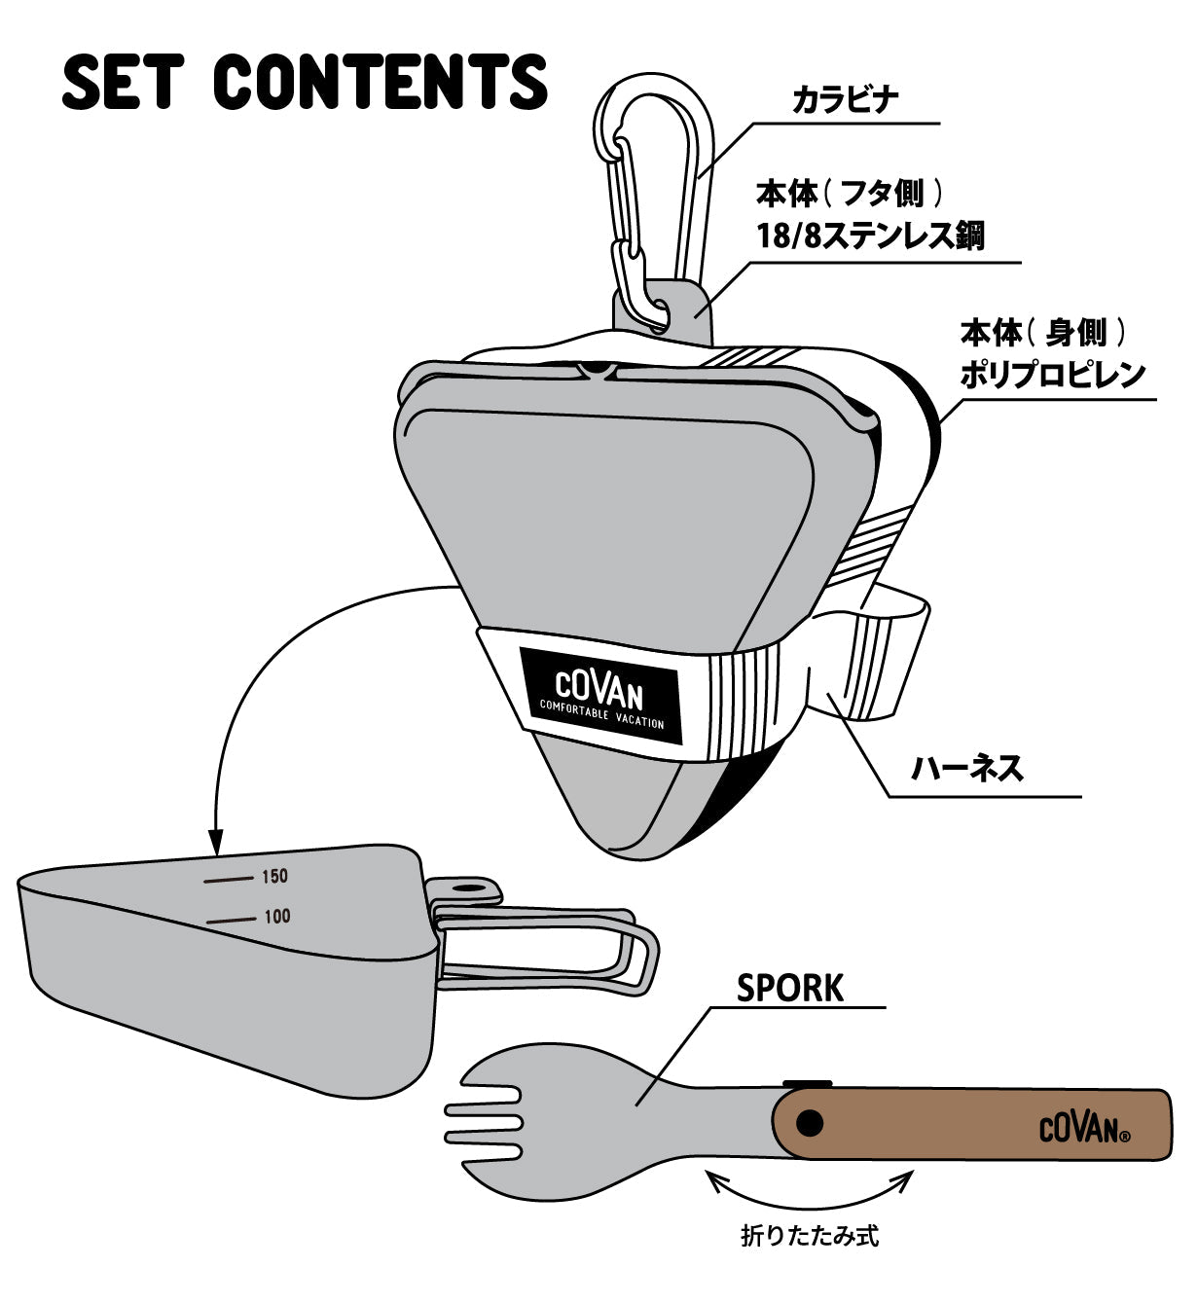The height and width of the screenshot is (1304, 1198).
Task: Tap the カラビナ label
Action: (844, 99)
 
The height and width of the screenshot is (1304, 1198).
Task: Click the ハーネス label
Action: (966, 769)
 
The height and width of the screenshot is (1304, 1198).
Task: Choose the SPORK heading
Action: (789, 988)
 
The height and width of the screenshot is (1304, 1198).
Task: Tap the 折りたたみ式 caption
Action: (810, 1237)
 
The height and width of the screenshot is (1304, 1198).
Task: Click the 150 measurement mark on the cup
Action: (274, 877)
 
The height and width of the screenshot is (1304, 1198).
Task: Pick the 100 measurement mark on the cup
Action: (276, 917)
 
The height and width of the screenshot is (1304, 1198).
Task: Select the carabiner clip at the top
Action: (651, 195)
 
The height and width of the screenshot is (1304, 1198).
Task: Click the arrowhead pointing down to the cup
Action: (216, 838)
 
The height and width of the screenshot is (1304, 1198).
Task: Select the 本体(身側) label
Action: (1043, 333)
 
